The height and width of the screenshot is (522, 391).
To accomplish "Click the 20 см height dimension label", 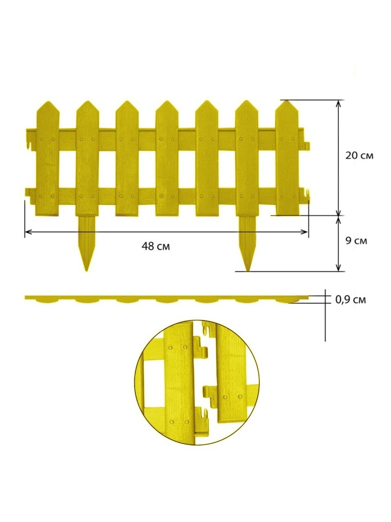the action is [x=359, y=156].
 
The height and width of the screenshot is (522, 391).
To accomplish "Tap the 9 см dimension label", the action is [x=356, y=241].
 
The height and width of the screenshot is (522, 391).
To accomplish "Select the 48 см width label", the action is [x=156, y=246].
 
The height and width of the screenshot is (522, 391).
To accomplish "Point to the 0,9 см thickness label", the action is [x=350, y=300].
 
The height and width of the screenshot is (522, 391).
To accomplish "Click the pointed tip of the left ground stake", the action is [x=87, y=271].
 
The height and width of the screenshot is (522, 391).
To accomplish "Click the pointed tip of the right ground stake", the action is [x=248, y=271].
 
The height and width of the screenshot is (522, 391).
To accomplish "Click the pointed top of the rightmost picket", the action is [x=287, y=101].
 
